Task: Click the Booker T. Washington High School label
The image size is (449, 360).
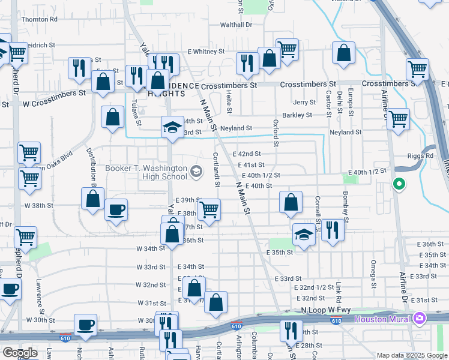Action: (146, 172)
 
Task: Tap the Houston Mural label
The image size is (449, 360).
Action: (382, 318)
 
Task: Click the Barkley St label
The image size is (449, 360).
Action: (297, 115)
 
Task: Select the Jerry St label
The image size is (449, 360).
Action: (305, 103)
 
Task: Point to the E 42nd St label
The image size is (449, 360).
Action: (247, 154)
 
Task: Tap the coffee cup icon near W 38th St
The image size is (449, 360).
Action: (116, 211)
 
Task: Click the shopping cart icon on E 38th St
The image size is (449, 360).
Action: (209, 209)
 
